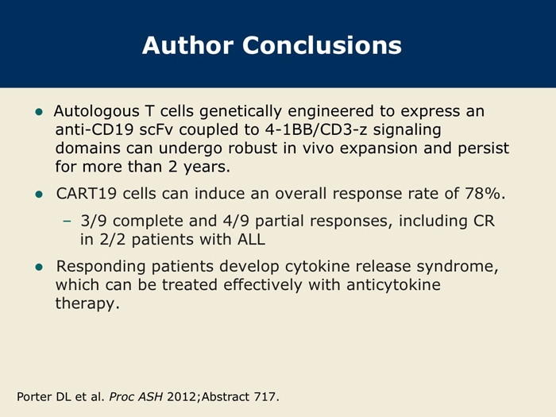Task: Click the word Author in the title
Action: tap(188, 45)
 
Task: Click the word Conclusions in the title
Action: tap(322, 45)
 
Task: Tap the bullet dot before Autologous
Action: tap(39, 112)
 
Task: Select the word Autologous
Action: tap(96, 112)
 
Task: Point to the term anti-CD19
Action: tap(95, 129)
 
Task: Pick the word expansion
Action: tap(378, 149)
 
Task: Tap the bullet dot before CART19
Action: tap(39, 195)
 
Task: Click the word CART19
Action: tap(86, 194)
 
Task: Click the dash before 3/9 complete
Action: tap(67, 222)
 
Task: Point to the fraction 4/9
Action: tap(236, 221)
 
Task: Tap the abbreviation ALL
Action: tap(251, 239)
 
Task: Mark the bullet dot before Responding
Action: tap(39, 267)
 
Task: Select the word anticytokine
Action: tap(394, 285)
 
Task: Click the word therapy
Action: tap(87, 303)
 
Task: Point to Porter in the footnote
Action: tap(35, 396)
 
